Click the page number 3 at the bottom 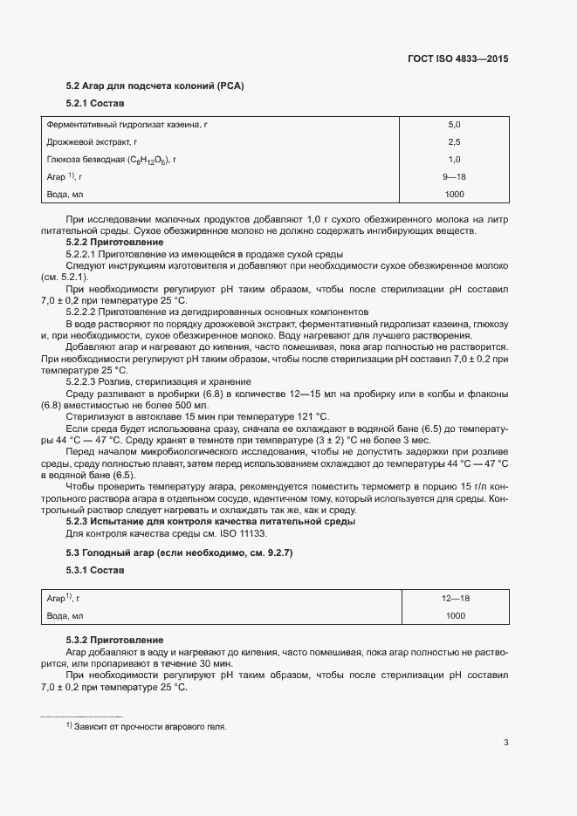coord(506,743)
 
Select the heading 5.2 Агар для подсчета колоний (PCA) coord(155,86)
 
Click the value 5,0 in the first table coord(454,125)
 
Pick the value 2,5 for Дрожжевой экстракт coord(454,141)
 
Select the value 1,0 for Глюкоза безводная coord(454,159)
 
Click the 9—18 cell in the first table coord(454,176)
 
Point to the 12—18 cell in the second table coord(454,598)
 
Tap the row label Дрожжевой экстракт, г coord(93,141)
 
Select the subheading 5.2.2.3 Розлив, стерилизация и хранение coord(159,381)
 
